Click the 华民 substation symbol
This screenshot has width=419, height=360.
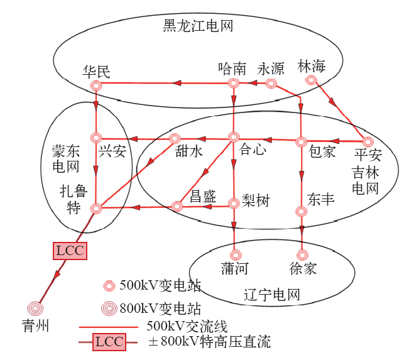point(95,85)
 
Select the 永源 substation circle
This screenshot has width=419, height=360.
point(271,84)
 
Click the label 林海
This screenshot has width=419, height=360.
point(312,67)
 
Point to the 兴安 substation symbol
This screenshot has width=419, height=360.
point(95,138)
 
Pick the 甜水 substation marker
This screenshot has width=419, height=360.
point(175,139)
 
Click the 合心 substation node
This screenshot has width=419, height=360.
point(234,137)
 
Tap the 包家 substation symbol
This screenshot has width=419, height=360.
point(301,141)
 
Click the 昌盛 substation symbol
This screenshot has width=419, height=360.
point(177,205)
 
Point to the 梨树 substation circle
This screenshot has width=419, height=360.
point(234,203)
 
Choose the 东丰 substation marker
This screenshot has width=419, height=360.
point(301,211)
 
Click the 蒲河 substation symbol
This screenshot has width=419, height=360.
point(236,255)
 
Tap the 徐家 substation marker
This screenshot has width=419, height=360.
point(302,255)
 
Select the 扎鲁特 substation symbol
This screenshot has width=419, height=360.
point(95,208)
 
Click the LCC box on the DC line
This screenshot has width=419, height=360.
point(69,251)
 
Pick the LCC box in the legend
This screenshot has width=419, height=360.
point(109,342)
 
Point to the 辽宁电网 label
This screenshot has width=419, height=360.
point(271,294)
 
